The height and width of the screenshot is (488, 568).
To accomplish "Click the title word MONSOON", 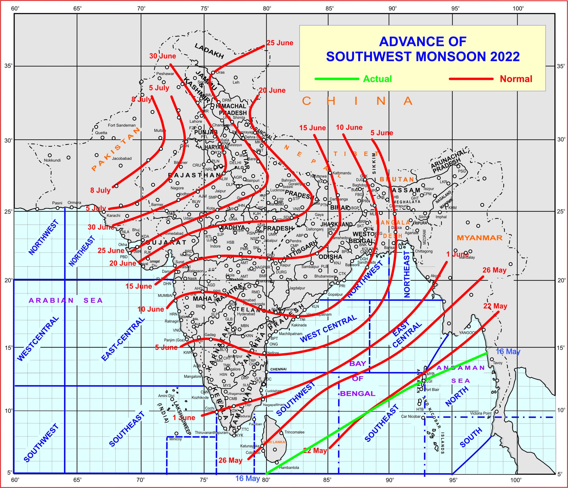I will (x=451, y=57).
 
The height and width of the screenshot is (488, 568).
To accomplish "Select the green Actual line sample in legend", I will (x=337, y=79).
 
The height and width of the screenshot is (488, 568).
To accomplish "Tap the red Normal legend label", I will (x=516, y=79).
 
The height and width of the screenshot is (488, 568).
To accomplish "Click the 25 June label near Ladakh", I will (x=280, y=43).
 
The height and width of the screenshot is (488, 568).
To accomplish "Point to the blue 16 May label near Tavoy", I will (x=508, y=352).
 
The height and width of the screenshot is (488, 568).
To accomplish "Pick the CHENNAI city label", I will (x=278, y=369).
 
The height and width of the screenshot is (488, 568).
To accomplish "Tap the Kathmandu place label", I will (x=342, y=173).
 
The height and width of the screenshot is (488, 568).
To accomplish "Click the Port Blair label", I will (x=432, y=390).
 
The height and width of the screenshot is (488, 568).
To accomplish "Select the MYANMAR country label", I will (x=480, y=238).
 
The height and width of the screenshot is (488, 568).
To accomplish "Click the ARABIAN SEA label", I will (x=66, y=300).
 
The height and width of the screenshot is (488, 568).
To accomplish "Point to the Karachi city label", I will (x=113, y=216).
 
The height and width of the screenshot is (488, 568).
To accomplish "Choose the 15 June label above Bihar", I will (x=313, y=128).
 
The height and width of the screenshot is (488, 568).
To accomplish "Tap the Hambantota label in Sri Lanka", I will (x=289, y=467).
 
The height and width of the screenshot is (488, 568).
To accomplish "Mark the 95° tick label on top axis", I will (x=455, y=8).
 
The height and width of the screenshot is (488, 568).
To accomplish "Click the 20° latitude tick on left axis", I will (x=8, y=280).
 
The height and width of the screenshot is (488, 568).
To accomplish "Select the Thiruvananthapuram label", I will (x=211, y=433).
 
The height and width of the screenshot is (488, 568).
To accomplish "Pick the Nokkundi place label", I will (x=52, y=160).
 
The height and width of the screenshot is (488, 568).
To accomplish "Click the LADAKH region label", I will (x=209, y=51).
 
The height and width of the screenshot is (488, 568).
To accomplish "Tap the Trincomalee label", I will (x=294, y=432).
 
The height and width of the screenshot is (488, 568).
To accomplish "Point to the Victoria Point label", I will (x=481, y=413).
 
